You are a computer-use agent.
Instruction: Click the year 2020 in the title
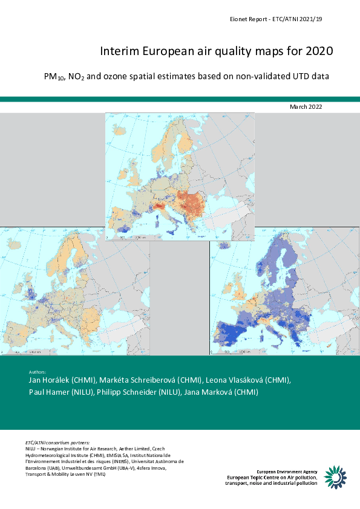point(316,53)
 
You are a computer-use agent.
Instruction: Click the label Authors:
point(38,371)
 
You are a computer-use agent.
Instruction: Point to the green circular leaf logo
point(336,476)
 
